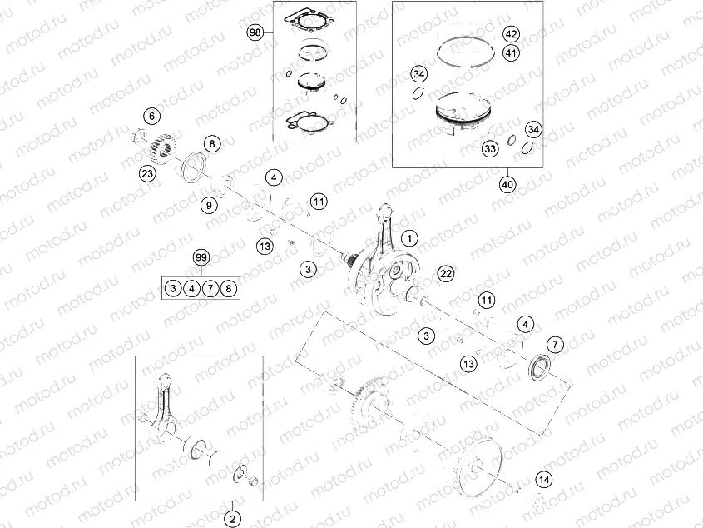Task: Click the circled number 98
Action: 255,32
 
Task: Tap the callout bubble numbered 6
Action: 151,115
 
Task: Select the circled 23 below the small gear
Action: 147,173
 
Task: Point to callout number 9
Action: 210,204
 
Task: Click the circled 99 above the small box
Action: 201,257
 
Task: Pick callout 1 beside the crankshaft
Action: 409,237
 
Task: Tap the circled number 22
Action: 446,274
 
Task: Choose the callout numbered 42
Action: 511,35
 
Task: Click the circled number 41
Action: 511,53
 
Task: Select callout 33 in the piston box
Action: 489,147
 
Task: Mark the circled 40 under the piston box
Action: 507,184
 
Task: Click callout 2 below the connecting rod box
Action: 234,516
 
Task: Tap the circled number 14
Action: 543,479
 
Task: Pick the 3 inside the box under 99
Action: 172,288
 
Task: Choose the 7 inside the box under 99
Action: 210,288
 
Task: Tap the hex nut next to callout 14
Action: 537,499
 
